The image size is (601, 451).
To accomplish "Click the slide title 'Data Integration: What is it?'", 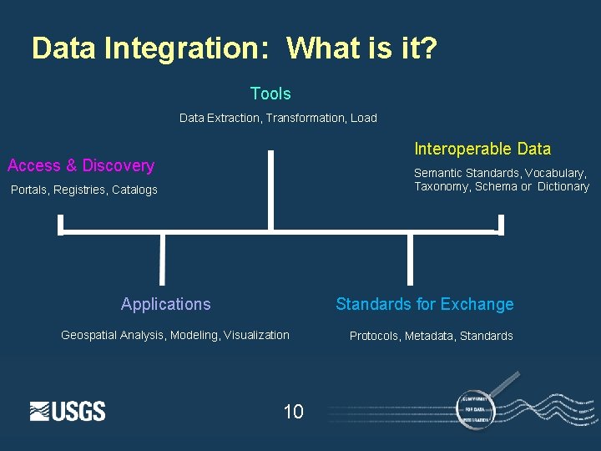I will coord(234,48).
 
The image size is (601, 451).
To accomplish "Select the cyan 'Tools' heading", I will coord(270,94).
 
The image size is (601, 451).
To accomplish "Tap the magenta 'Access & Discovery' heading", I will coord(81,165).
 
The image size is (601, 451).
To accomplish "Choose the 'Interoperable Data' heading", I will coord(482,149).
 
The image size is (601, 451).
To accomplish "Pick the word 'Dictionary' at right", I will coord(563,186).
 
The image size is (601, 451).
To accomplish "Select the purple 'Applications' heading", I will coord(165,304).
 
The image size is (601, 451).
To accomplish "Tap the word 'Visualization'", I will coord(256,335).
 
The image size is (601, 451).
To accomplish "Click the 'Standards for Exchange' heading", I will coord(424,304).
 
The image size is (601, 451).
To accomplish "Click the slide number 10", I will coord(293,411).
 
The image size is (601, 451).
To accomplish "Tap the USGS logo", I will coord(68,411).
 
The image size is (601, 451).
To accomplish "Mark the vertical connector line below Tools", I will coord(270,190).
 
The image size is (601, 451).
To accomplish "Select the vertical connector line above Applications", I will coord(162,259).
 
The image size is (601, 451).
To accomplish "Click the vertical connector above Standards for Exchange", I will coord(410,259).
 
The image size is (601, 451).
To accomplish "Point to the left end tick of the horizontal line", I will coord(60,224).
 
